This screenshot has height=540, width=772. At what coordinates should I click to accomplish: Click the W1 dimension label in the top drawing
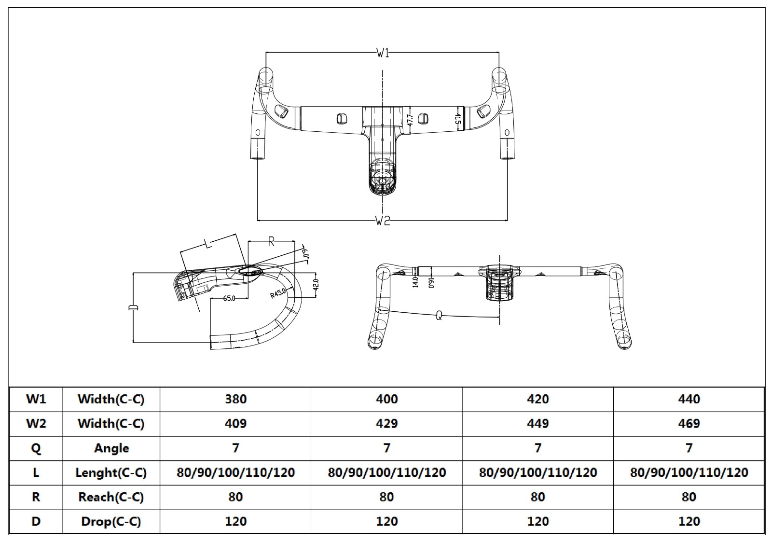(x=383, y=53)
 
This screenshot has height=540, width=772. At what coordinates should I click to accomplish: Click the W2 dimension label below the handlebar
(x=383, y=221)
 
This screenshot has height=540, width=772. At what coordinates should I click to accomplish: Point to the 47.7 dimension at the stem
(x=410, y=120)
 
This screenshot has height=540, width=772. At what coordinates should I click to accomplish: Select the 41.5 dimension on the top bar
(x=458, y=119)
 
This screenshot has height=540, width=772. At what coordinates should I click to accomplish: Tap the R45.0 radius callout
(x=278, y=293)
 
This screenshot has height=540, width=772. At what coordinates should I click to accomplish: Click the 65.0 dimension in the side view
(x=229, y=299)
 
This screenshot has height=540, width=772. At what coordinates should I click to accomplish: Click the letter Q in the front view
(x=439, y=316)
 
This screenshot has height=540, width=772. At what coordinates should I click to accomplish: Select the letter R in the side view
(x=271, y=241)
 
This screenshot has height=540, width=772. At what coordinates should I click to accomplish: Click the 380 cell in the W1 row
(x=235, y=399)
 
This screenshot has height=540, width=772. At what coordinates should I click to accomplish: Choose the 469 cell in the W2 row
(x=689, y=423)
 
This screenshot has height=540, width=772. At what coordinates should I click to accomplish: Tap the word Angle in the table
(x=111, y=448)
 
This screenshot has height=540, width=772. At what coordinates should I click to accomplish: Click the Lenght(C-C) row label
(x=111, y=472)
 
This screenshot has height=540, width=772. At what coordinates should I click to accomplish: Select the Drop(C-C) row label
(x=111, y=521)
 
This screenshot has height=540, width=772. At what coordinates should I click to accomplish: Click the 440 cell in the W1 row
(x=689, y=399)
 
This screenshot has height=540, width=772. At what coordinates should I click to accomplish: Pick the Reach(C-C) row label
(x=111, y=497)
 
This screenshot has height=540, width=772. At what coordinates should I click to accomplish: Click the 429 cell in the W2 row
(x=386, y=423)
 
